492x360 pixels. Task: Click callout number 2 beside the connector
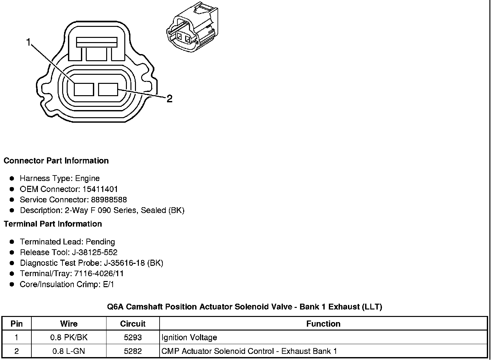(169, 98)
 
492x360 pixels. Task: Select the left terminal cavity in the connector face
(84, 89)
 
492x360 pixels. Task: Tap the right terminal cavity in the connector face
(108, 89)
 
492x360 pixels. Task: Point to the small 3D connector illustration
(192, 28)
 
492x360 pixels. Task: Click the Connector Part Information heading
(56, 161)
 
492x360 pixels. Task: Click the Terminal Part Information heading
(53, 224)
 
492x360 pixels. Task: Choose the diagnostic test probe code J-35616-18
(118, 263)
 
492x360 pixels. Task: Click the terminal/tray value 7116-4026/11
(99, 274)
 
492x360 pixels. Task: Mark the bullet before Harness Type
(12, 178)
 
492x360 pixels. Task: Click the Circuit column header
(133, 324)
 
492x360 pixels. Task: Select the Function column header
(323, 324)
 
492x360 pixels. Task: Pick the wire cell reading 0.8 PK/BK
(69, 337)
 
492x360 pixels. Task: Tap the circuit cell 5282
(133, 351)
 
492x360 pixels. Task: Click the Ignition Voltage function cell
(189, 337)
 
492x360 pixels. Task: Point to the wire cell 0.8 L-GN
(69, 351)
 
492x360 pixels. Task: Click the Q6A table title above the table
(244, 307)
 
